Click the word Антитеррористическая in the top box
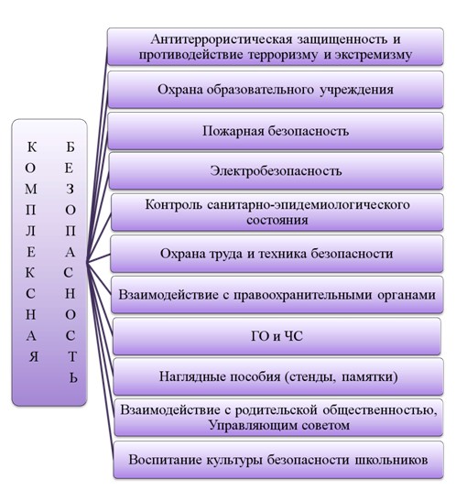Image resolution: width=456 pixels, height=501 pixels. pyautogui.click(x=222, y=39)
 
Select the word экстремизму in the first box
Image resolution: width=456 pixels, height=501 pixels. pyautogui.click(x=374, y=55)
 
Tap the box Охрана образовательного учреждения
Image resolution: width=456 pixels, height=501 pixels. pyautogui.click(x=276, y=90)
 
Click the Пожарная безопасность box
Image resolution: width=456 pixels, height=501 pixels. pyautogui.click(x=276, y=131)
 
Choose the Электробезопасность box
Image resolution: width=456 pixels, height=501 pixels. pyautogui.click(x=277, y=171)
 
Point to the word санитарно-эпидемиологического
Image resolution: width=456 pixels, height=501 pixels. pyautogui.click(x=309, y=205)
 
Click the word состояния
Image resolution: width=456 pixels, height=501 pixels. pyautogui.click(x=277, y=220)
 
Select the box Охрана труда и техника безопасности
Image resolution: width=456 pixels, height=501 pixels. pyautogui.click(x=277, y=254)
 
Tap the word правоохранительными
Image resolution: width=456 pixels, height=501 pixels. pyautogui.click(x=303, y=295)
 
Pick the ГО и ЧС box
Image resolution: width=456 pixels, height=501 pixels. pyautogui.click(x=277, y=336)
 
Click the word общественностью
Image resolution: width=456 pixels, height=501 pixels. pyautogui.click(x=380, y=410)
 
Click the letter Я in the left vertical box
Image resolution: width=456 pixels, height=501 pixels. pyautogui.click(x=34, y=356)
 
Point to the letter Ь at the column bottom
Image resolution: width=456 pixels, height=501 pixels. pyautogui.click(x=73, y=377)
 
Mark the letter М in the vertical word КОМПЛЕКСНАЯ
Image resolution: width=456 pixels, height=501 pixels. pyautogui.click(x=31, y=190)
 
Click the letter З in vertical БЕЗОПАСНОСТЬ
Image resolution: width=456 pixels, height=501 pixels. pyautogui.click(x=70, y=190)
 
